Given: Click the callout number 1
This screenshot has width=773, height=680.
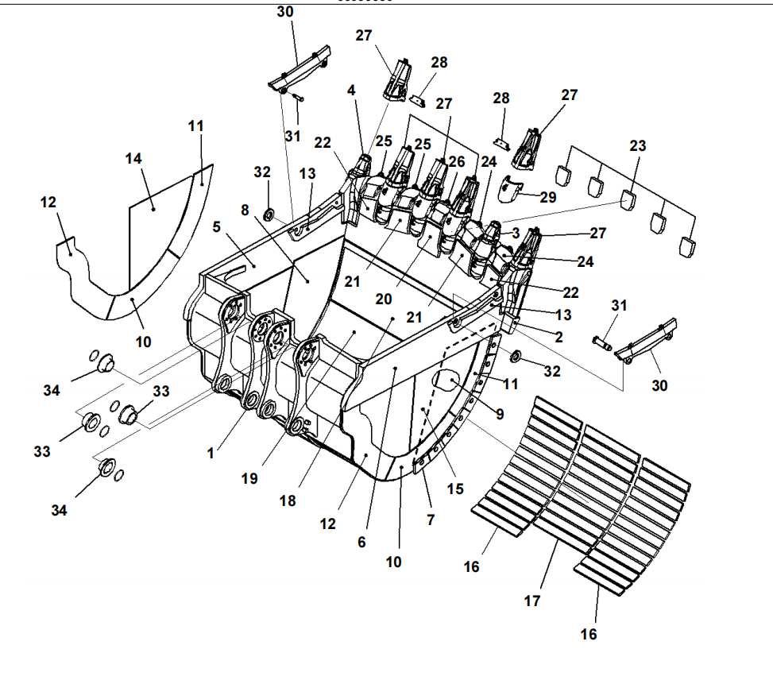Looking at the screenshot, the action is tap(211, 453).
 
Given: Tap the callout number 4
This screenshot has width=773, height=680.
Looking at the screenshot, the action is tap(351, 91).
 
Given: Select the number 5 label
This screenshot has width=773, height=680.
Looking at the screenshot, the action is tap(216, 227).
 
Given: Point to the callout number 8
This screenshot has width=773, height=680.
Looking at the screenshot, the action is tap(245, 210).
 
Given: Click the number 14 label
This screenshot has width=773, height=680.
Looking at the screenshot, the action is tap(133, 159).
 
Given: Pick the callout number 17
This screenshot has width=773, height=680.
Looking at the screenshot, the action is tap(532, 601).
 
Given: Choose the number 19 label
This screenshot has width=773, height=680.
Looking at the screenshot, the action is tap(249, 478).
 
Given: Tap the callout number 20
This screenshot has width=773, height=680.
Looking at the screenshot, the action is tap(384, 299).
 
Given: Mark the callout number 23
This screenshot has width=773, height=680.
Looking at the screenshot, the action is tap(638, 146).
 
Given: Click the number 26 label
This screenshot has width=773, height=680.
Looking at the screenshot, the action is tap(457, 162).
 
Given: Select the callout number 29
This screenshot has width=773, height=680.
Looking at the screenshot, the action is tap(548, 197).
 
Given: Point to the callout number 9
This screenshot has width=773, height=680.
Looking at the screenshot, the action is tap(500, 414).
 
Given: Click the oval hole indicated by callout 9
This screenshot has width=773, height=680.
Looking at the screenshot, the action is tap(446, 380).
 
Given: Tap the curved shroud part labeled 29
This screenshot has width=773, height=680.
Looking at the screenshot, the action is tap(509, 189).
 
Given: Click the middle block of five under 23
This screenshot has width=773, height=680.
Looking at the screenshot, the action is tap(628, 199).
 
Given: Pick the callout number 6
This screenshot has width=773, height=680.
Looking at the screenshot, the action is tap(361, 543).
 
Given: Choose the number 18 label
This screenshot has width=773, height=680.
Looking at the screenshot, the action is tap(288, 501).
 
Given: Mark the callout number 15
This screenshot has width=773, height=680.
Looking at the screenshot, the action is tap(455, 489).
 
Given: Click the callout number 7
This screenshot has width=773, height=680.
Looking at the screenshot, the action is tap(431, 520).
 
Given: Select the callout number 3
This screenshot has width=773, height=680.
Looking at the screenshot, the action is tap(516, 233).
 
